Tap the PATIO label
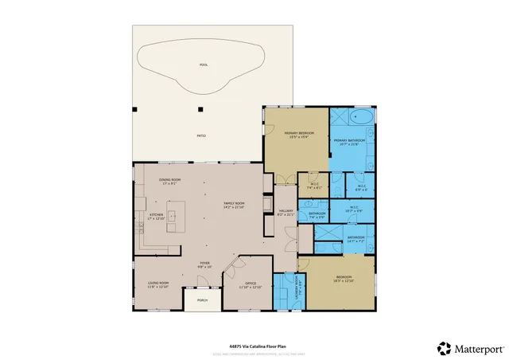click(x=201, y=136)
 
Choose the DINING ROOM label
click(x=169, y=182)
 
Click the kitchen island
click(x=175, y=216)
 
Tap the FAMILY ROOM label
click(x=234, y=205)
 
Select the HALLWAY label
click(x=285, y=213)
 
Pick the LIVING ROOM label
click(x=158, y=284)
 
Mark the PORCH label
click(x=202, y=301)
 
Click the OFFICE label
click(x=250, y=284)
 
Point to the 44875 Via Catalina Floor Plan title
click(x=253, y=337)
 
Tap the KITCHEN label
click(x=155, y=216)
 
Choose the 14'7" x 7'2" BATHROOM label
click(x=356, y=238)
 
